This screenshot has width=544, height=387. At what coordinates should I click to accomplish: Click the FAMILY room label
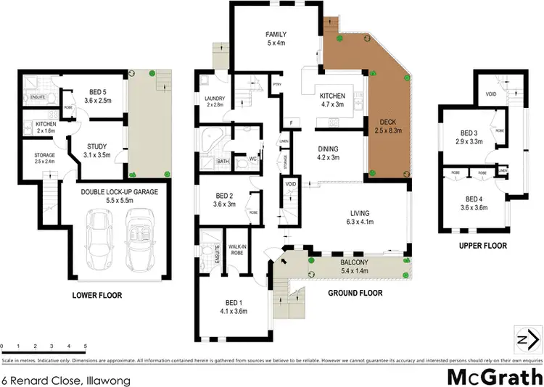pos(276,34)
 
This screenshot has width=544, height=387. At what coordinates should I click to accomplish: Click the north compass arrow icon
pos(528,338)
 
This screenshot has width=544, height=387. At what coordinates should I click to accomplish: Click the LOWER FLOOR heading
pos(96,295)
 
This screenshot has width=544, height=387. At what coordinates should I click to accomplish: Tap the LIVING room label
pos(360,213)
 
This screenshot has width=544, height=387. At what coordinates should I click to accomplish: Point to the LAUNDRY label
pos(215,99)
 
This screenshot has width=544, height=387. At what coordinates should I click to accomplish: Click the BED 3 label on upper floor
pos(469,133)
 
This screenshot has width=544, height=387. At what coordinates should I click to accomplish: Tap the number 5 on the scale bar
pos(86,346)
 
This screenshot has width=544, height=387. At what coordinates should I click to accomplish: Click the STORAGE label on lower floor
pos(44,154)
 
